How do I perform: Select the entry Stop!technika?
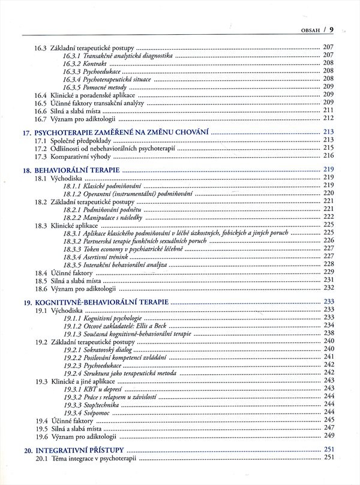point(99,404)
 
